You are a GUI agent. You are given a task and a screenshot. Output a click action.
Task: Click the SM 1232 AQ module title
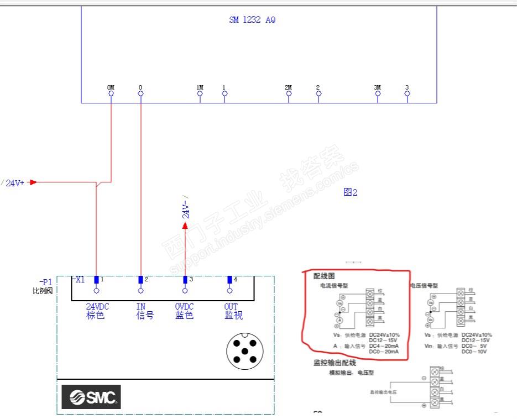[x=252, y=20]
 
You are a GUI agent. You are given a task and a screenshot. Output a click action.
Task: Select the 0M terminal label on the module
[x=111, y=87]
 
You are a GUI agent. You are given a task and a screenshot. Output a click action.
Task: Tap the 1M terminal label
[x=200, y=87]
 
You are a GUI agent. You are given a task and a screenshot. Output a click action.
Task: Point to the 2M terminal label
[x=288, y=87]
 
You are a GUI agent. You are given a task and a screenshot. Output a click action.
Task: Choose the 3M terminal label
[x=377, y=87]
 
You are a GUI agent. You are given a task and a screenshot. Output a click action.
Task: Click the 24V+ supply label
[x=15, y=183]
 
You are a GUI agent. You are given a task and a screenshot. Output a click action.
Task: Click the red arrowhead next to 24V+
[x=33, y=182]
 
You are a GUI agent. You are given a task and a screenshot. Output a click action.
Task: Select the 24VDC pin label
[x=97, y=307]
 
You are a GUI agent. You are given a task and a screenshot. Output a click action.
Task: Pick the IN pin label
[x=140, y=307]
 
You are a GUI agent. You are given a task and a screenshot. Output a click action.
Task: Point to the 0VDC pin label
[x=185, y=307]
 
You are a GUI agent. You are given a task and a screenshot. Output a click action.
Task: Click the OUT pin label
[x=231, y=307]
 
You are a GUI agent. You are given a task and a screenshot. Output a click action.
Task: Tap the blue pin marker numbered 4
[x=229, y=280]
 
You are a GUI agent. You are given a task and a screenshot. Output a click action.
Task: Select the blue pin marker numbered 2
[x=140, y=280]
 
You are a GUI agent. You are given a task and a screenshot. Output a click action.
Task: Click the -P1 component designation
[x=45, y=282]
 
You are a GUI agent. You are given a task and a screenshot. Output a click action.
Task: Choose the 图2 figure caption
[x=351, y=192]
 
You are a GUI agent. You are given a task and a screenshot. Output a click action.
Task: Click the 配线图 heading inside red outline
[x=324, y=276]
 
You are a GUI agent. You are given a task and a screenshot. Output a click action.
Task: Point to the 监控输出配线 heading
[x=335, y=363]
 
